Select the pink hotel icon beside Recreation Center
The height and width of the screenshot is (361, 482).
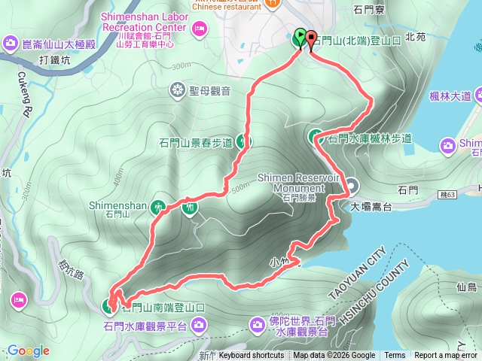[200, 29]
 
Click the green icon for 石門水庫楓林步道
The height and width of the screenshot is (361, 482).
[316, 137]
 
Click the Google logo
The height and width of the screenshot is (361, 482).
[29, 350]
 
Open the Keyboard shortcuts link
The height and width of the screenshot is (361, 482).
[252, 356]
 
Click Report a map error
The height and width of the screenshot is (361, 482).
[446, 356]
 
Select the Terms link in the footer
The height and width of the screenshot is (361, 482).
[395, 356]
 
